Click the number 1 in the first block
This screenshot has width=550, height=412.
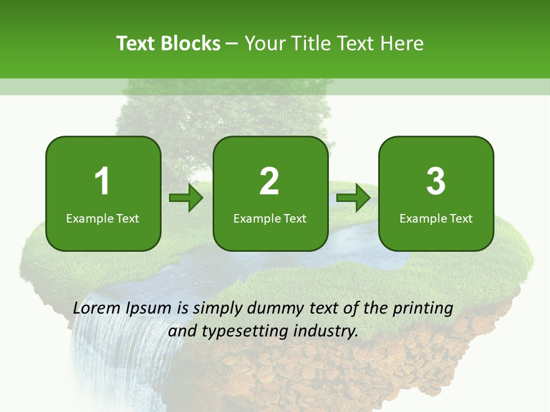[102, 181]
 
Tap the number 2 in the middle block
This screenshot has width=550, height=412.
[269, 181]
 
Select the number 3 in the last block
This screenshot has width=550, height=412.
[436, 181]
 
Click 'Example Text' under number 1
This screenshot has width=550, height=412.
[103, 218]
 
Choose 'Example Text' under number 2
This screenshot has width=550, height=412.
[270, 218]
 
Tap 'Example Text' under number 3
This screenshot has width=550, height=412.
[436, 218]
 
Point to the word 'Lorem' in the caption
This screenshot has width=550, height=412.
[97, 308]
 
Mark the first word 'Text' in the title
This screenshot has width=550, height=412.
[137, 43]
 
